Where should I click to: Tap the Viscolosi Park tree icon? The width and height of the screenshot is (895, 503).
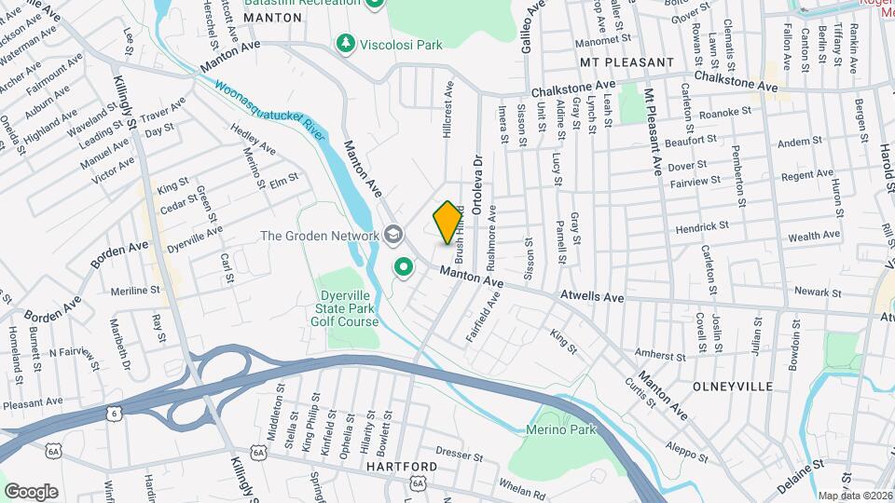click(x=346, y=43)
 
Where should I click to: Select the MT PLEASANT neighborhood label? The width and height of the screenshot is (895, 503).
click(x=626, y=62)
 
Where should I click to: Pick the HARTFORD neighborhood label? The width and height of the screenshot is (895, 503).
click(x=402, y=466)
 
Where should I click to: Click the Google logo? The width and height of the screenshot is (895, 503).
click(x=31, y=491)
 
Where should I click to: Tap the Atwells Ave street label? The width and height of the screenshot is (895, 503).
click(x=591, y=297)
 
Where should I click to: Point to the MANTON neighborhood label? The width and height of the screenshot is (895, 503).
click(x=249, y=18)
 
